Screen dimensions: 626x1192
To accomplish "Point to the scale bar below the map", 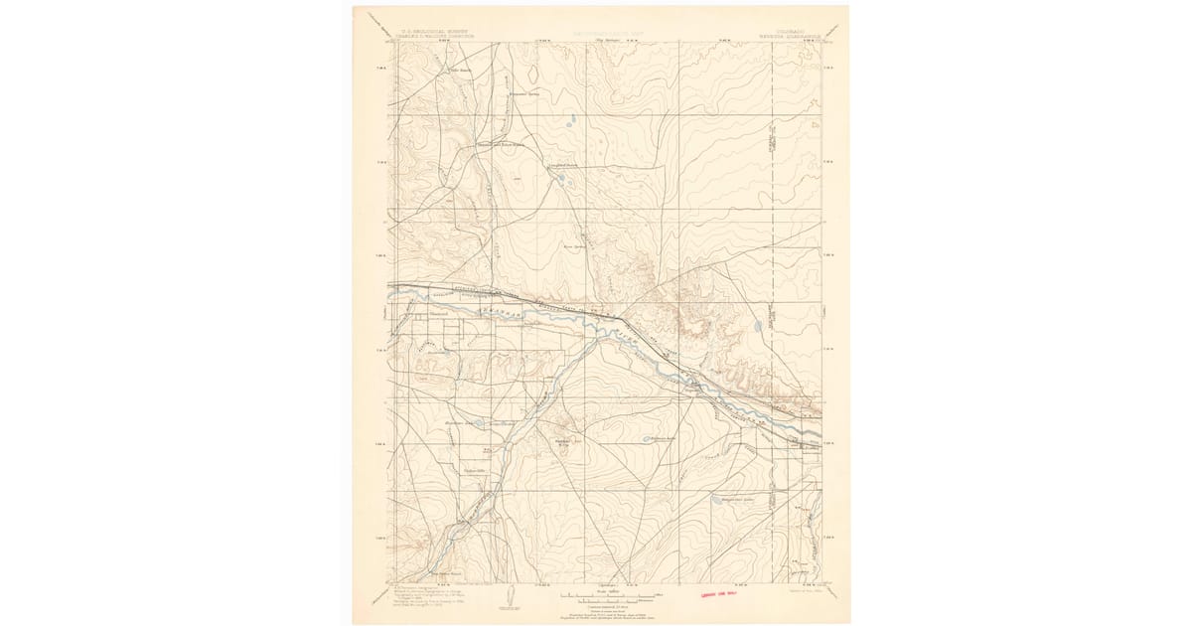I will [x=605, y=596].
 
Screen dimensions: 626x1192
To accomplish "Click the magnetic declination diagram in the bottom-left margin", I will [x=508, y=594].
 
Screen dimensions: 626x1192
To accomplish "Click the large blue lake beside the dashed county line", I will [x=758, y=324].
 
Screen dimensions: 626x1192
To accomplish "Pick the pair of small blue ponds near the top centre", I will [x=570, y=125].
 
